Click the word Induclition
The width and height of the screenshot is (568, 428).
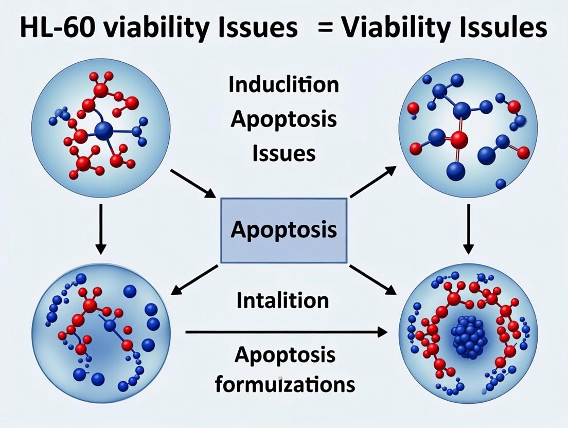pos(283,85)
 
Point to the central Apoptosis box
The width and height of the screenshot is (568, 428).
pos(283,229)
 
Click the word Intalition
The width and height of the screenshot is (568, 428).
pos(282,300)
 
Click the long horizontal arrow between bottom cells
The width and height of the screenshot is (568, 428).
pos(286,332)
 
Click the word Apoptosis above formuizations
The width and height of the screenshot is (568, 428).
pos(283,355)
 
